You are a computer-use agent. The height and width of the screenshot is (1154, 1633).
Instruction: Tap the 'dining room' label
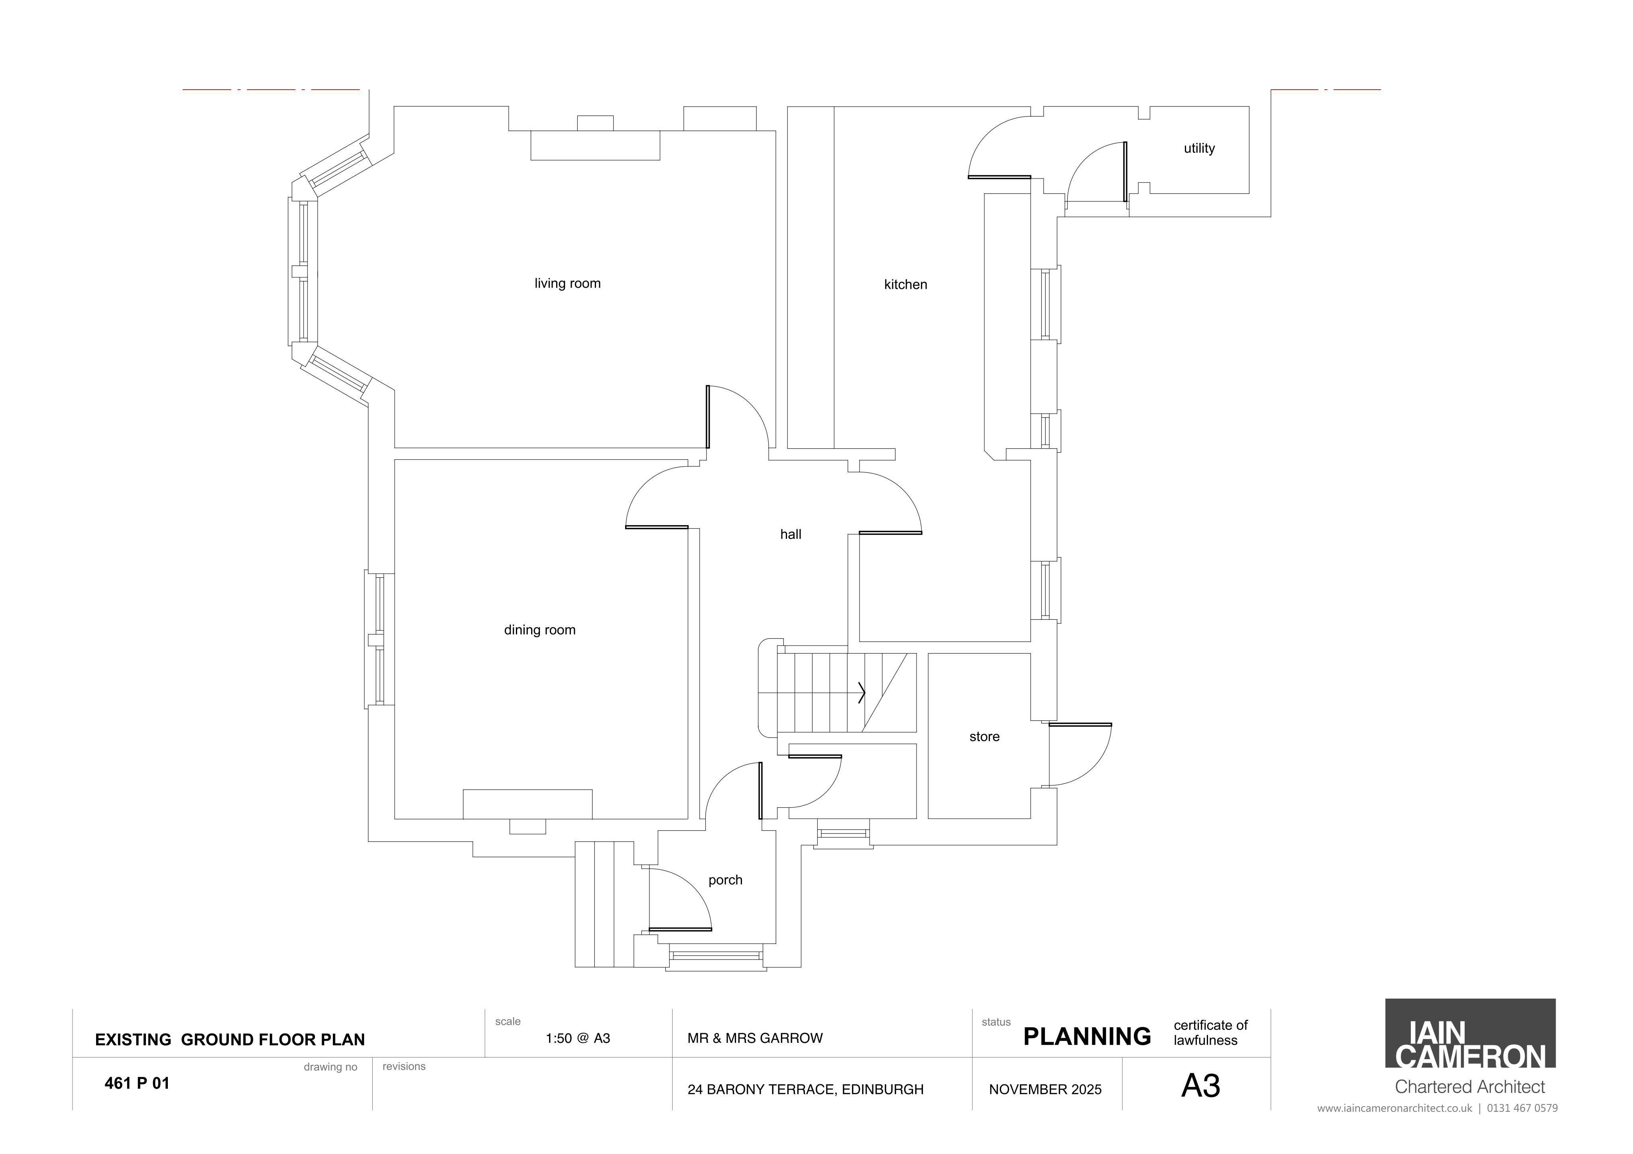pyautogui.click(x=540, y=630)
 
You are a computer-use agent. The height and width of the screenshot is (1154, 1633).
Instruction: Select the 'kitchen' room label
pyautogui.click(x=905, y=285)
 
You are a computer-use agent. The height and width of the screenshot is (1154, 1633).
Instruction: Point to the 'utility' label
pyautogui.click(x=1199, y=149)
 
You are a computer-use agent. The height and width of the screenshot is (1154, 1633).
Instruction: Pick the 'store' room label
pyautogui.click(x=984, y=737)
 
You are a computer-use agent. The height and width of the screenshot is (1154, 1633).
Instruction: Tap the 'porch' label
pyautogui.click(x=726, y=880)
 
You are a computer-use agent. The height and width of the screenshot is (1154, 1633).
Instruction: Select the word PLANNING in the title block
pyautogui.click(x=1087, y=1037)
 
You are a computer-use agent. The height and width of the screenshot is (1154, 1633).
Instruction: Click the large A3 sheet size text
pyautogui.click(x=1200, y=1086)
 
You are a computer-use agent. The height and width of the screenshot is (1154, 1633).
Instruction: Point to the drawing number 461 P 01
pyautogui.click(x=137, y=1083)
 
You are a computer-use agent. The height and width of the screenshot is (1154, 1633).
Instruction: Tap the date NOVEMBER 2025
pyautogui.click(x=1045, y=1089)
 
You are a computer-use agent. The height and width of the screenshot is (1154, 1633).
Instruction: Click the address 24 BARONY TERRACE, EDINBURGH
pyautogui.click(x=805, y=1089)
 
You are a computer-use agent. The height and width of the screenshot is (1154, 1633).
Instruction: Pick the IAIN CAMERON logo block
pyautogui.click(x=1470, y=1033)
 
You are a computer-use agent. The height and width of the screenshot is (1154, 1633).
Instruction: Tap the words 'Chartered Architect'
pyautogui.click(x=1470, y=1087)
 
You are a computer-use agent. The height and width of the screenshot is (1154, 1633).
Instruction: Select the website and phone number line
pyautogui.click(x=1437, y=1109)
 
